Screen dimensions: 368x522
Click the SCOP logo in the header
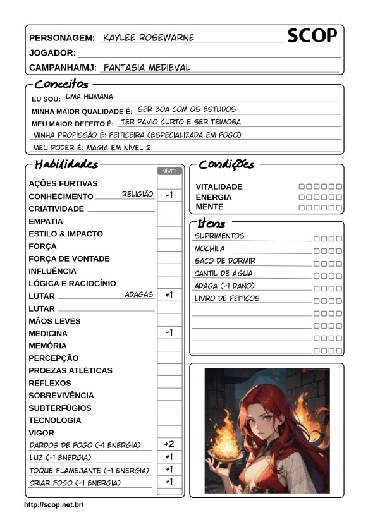(x=312, y=36)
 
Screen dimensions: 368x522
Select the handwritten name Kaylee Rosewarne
(x=148, y=38)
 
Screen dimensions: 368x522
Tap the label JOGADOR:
(x=52, y=53)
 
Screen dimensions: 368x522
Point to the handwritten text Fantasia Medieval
(x=146, y=67)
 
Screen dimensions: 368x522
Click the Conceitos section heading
(x=61, y=85)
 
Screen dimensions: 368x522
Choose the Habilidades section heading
(x=66, y=165)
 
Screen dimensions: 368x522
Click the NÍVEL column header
(x=169, y=171)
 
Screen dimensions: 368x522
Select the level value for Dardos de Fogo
(x=169, y=444)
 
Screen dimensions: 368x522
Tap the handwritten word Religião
(x=137, y=195)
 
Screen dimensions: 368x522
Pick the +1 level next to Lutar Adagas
(x=169, y=295)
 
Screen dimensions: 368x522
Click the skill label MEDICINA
(x=48, y=333)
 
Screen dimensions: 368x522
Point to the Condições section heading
(x=226, y=165)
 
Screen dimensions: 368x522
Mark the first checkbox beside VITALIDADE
(x=302, y=186)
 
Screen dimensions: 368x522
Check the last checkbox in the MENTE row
(x=339, y=207)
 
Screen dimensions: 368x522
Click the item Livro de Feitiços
(x=226, y=298)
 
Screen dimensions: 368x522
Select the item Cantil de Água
(x=223, y=274)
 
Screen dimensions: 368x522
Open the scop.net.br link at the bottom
(x=54, y=505)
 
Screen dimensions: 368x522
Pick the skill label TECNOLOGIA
(x=55, y=420)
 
